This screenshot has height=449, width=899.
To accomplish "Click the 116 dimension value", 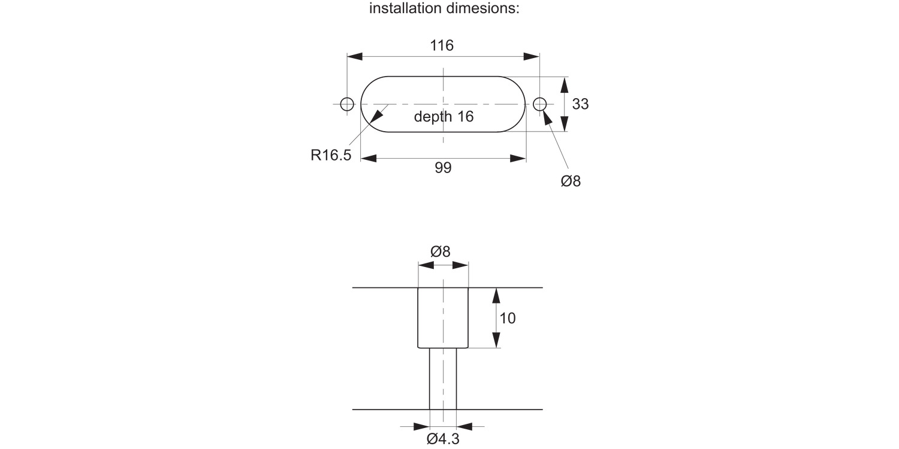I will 442,45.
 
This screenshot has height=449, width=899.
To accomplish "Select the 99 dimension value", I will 443,168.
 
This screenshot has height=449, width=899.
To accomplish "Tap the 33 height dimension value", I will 580,104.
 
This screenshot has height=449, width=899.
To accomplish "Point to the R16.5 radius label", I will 331,156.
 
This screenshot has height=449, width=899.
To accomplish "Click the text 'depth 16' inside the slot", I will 444,117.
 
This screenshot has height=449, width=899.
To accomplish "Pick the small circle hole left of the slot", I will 347,104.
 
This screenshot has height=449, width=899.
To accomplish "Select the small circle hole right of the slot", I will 539,104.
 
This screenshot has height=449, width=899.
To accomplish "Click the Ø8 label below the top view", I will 571,181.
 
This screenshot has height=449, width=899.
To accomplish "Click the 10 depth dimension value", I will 507,318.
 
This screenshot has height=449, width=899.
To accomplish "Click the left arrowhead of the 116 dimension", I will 355,56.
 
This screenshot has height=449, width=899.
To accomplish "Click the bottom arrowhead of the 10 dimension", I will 496,339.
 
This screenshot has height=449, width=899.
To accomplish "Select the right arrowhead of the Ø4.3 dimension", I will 464,427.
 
